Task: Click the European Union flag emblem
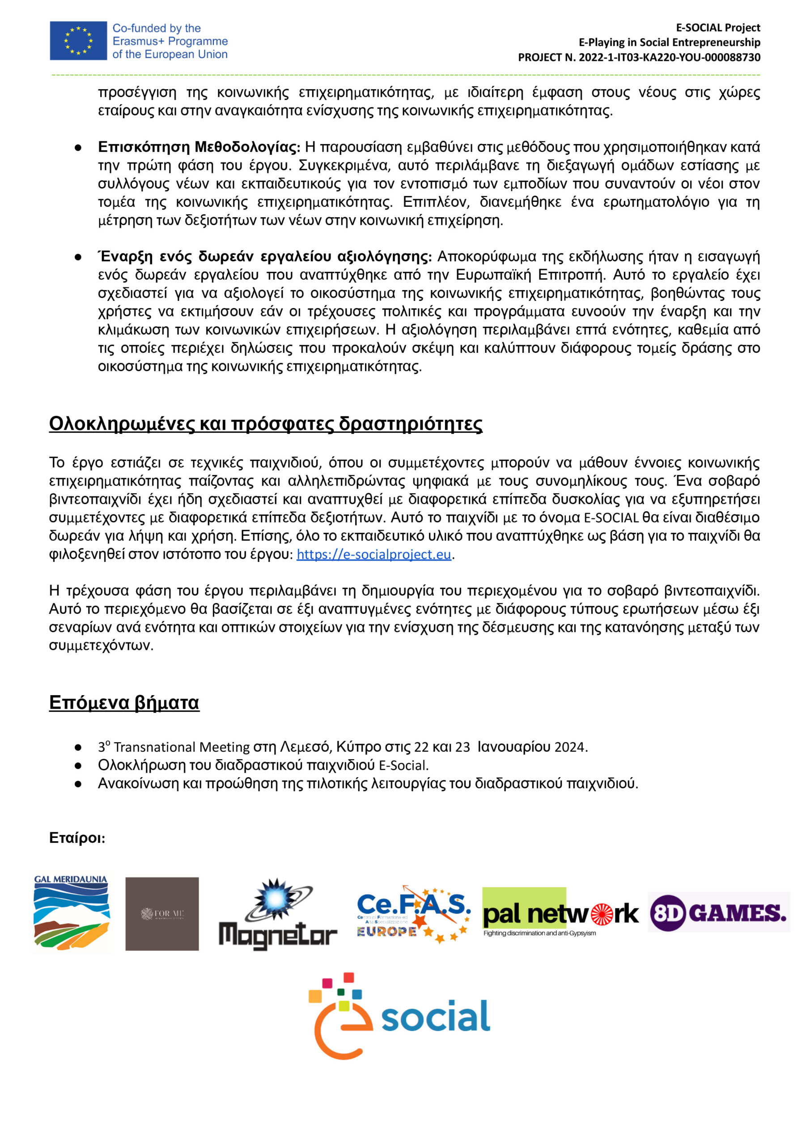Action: pyautogui.click(x=78, y=40)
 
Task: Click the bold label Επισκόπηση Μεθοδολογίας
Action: pyautogui.click(x=199, y=147)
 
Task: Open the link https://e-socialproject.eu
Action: pyautogui.click(x=373, y=555)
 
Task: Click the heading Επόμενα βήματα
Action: pyautogui.click(x=124, y=702)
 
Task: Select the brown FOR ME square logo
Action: pyautogui.click(x=162, y=914)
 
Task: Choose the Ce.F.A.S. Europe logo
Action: pyautogui.click(x=413, y=915)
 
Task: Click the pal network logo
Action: pyautogui.click(x=560, y=913)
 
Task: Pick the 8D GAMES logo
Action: pyautogui.click(x=719, y=912)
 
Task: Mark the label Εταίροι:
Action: pyautogui.click(x=77, y=838)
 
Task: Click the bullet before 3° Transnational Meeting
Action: pyautogui.click(x=78, y=748)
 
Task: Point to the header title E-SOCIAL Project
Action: pyautogui.click(x=718, y=27)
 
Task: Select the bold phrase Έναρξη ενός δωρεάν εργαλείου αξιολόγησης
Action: pyautogui.click(x=265, y=257)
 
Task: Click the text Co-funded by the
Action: pyautogui.click(x=157, y=28)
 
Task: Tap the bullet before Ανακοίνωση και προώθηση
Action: pyautogui.click(x=78, y=784)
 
